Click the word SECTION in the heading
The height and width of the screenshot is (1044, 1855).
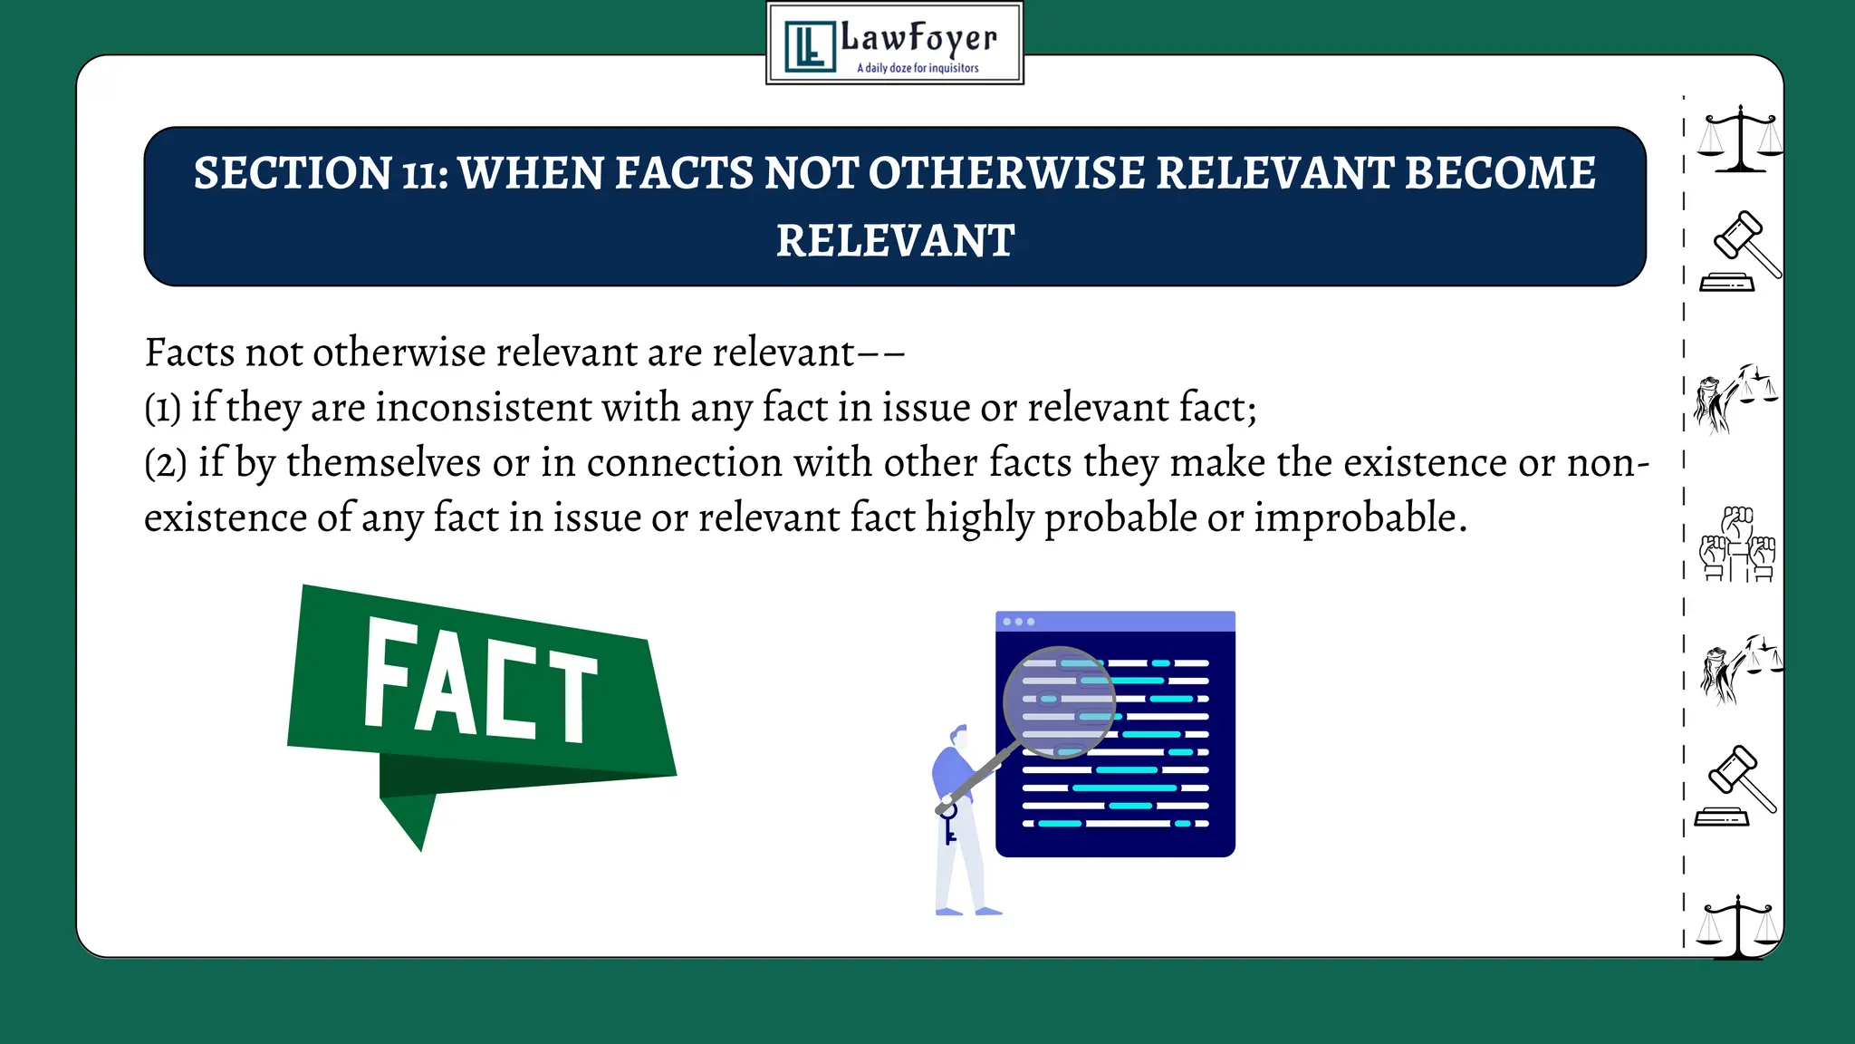pyautogui.click(x=292, y=173)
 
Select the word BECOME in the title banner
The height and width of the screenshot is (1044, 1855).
pyautogui.click(x=1500, y=173)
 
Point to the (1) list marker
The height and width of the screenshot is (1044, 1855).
pyautogui.click(x=162, y=409)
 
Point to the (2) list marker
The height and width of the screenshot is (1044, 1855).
pyautogui.click(x=165, y=464)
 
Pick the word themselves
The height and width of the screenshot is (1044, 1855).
pyautogui.click(x=383, y=463)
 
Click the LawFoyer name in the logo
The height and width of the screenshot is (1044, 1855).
pyautogui.click(x=918, y=39)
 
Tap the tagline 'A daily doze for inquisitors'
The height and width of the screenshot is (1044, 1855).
pyautogui.click(x=918, y=68)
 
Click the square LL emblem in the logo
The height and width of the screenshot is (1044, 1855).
pyautogui.click(x=809, y=46)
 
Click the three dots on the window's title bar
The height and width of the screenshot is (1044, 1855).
pyautogui.click(x=1019, y=622)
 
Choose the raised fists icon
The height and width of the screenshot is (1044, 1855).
pyautogui.click(x=1737, y=544)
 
